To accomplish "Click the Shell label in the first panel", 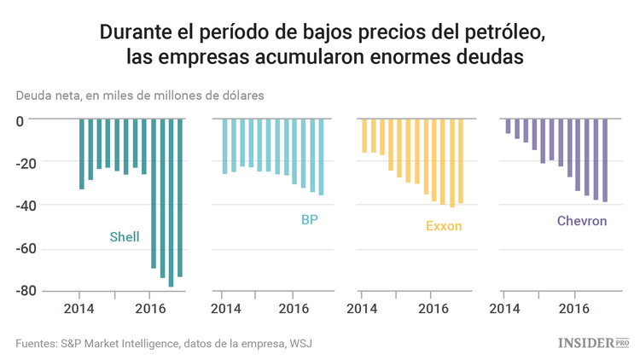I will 125,236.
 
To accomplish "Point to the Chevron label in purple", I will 582,221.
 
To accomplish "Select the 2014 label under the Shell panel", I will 79,308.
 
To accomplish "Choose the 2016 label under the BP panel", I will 294,308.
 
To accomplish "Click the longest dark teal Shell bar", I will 171,202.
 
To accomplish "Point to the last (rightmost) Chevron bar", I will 605,160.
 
